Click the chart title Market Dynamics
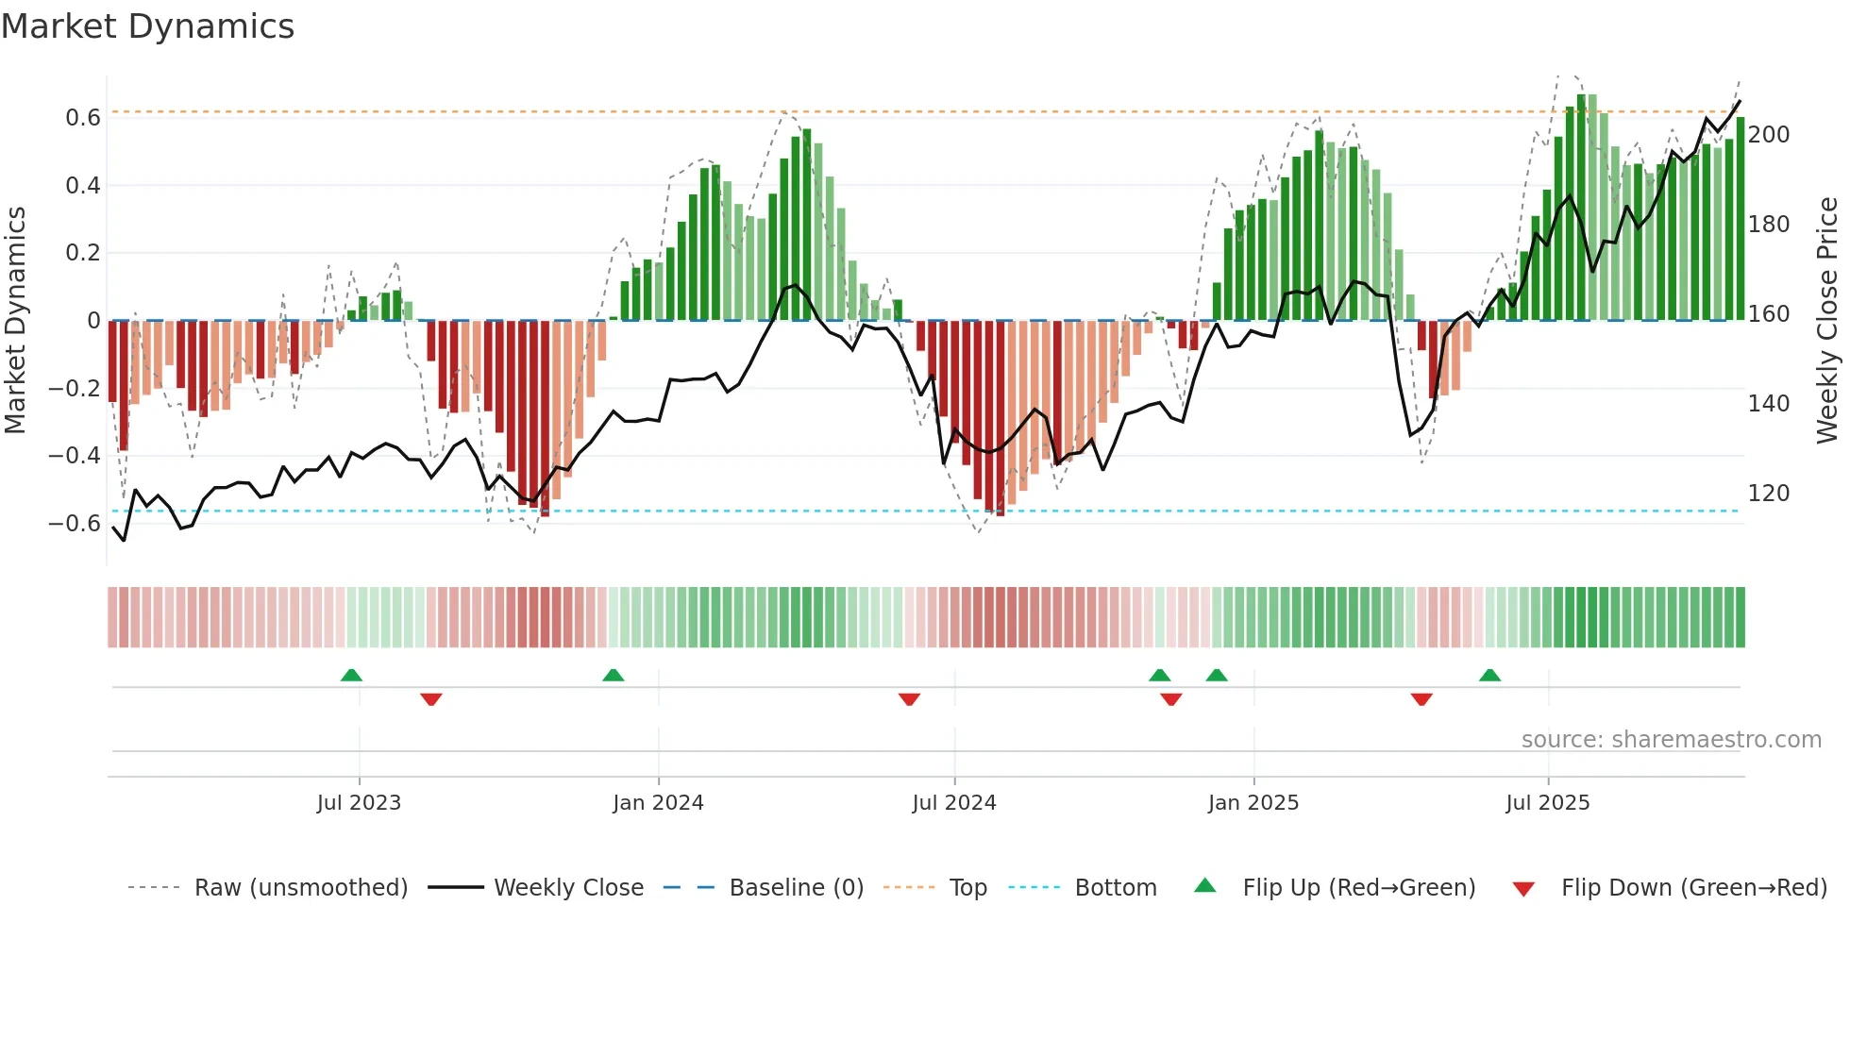pyautogui.click(x=147, y=26)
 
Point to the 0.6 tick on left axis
pyautogui.click(x=83, y=118)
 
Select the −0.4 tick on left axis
pyautogui.click(x=75, y=456)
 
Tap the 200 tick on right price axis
pyautogui.click(x=1768, y=135)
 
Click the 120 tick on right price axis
pyautogui.click(x=1768, y=494)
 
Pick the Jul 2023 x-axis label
pyautogui.click(x=359, y=803)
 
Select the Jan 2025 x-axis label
pyautogui.click(x=1253, y=803)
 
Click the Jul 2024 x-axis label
pyautogui.click(x=953, y=803)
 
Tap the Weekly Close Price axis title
pyautogui.click(x=1827, y=321)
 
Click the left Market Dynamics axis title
pyautogui.click(x=16, y=321)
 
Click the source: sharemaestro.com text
pyautogui.click(x=1671, y=740)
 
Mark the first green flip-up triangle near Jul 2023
pyautogui.click(x=351, y=675)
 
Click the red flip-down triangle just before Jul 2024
pyautogui.click(x=909, y=699)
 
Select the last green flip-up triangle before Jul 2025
pyautogui.click(x=1489, y=675)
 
